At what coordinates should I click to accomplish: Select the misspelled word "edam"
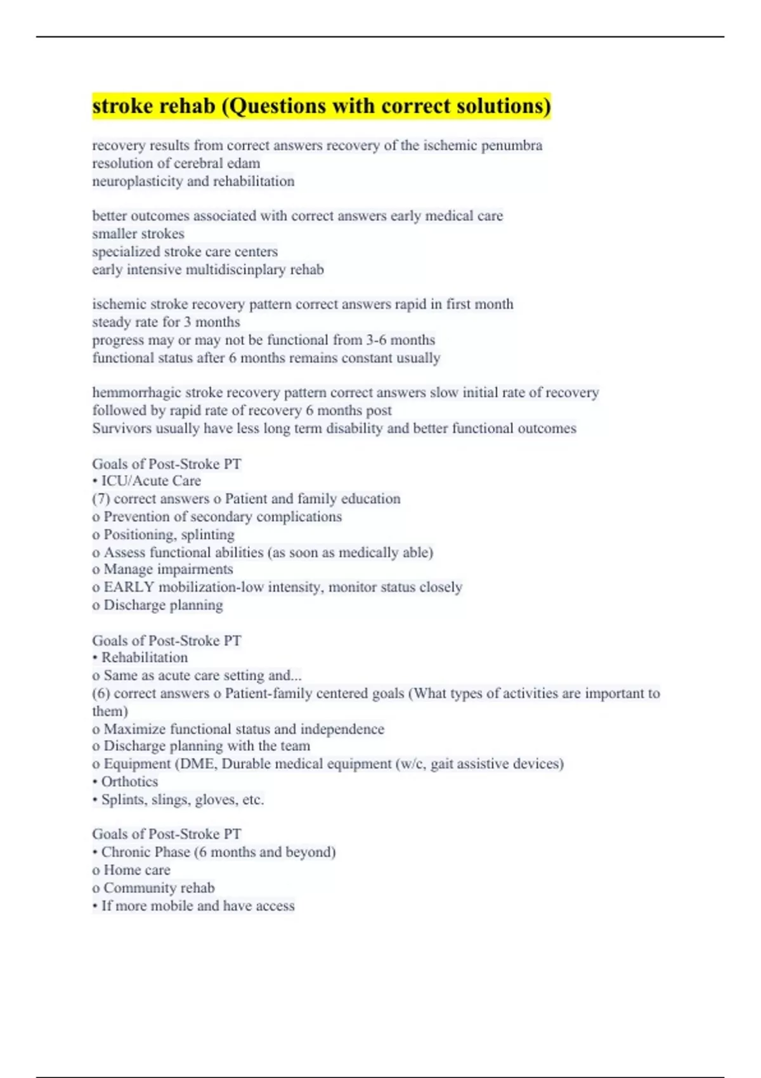[x=245, y=163]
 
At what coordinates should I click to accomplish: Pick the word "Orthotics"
[x=129, y=782]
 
